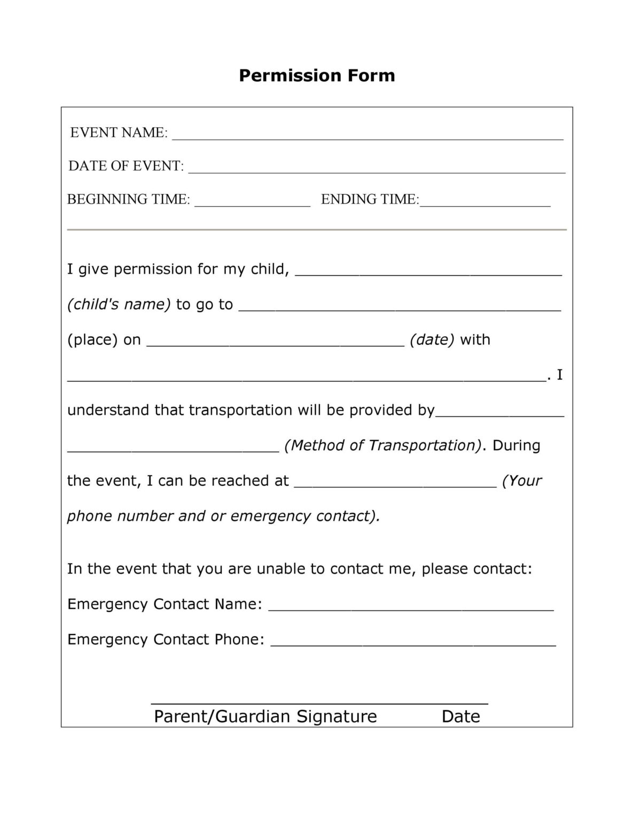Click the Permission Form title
tap(317, 75)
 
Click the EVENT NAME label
tap(119, 133)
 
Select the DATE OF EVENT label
tap(126, 166)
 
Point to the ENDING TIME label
tap(370, 199)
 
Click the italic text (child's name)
tap(119, 304)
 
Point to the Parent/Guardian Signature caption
tap(265, 716)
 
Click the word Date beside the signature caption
tap(460, 716)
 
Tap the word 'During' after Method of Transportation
tap(516, 445)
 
